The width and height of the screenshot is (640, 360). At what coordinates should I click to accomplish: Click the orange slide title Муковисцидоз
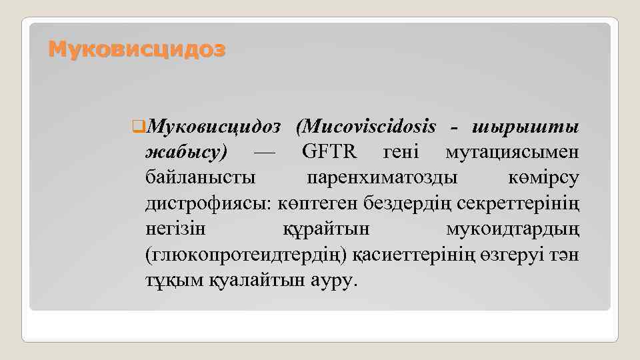tap(137, 49)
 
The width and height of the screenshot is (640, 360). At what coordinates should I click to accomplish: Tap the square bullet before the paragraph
tap(138, 127)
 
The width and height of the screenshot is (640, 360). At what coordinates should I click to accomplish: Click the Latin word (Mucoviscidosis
tap(366, 127)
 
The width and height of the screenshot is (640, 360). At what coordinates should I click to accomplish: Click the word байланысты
tap(199, 178)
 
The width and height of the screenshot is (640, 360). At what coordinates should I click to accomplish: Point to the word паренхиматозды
tap(383, 178)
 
